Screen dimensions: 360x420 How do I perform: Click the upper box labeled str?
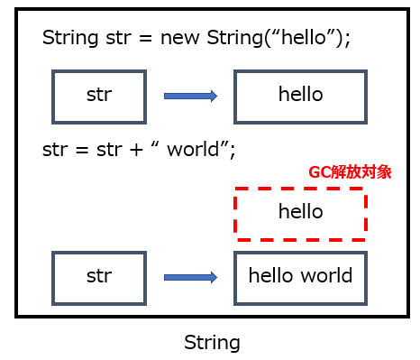(98, 96)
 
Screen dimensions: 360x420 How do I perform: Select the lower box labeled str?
(98, 276)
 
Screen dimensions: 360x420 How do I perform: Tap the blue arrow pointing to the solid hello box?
(190, 96)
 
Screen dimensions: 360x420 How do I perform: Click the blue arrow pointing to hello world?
(190, 277)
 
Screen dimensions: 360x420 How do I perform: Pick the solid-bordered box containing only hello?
(300, 96)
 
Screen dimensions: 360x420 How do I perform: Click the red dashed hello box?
(300, 213)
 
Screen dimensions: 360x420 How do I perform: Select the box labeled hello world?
(300, 276)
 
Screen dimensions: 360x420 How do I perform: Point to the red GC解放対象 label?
(350, 172)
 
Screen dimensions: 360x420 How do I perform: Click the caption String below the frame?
(212, 343)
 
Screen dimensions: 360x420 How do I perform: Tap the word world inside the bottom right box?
(326, 276)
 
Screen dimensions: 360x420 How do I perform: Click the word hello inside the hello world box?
(270, 276)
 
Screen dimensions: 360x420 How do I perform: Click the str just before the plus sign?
(109, 150)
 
